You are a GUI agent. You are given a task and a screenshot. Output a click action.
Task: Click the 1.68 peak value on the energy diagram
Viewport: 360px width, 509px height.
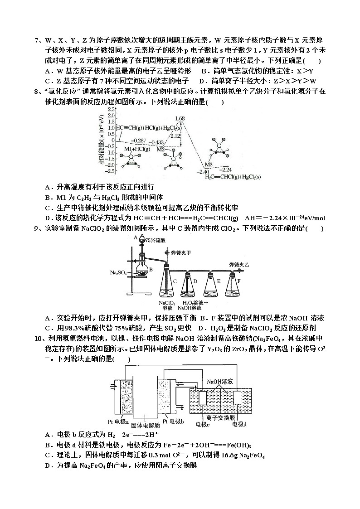pos(180,119)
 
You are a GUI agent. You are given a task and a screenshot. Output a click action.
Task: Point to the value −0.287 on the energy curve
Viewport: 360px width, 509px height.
pos(139,141)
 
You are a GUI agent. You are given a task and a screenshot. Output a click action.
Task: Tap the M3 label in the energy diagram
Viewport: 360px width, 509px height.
pos(209,164)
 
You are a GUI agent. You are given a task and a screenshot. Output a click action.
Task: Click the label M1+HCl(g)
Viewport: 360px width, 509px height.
pos(134,148)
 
